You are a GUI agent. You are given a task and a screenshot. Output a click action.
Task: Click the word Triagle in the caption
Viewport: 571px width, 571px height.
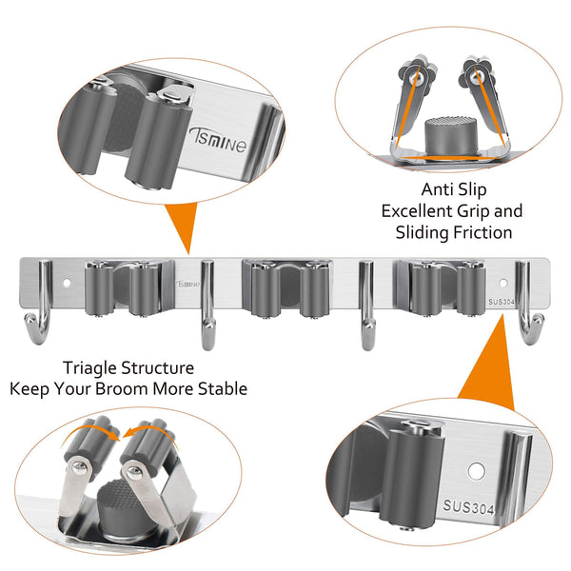90,368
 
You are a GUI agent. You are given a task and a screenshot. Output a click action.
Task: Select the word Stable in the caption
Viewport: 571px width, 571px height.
223,389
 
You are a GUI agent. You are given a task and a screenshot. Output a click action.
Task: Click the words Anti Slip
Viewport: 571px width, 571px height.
454,189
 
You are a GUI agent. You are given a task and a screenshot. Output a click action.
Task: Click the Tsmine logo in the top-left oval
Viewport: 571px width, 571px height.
219,141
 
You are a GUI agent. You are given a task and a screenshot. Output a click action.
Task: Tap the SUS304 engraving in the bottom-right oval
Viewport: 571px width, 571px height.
468,506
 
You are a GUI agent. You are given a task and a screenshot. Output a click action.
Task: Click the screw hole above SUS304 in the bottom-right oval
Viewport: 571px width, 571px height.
476,471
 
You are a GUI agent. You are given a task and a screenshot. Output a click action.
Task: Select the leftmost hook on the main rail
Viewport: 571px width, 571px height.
39,303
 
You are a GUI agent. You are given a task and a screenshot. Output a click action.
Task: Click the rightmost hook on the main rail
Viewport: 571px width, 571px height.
529,303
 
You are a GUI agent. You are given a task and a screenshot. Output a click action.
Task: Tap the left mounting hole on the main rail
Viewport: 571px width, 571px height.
67,283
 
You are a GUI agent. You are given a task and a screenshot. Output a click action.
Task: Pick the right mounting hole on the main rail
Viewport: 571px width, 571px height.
503,283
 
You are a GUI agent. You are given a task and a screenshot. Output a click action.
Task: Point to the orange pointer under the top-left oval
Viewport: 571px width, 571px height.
183,225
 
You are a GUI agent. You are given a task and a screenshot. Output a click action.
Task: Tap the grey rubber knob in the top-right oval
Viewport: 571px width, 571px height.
451,136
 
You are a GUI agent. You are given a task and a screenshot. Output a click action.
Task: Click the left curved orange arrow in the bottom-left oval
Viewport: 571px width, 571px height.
91,432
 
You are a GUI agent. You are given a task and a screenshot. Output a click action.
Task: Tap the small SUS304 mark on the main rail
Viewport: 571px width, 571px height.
502,302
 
